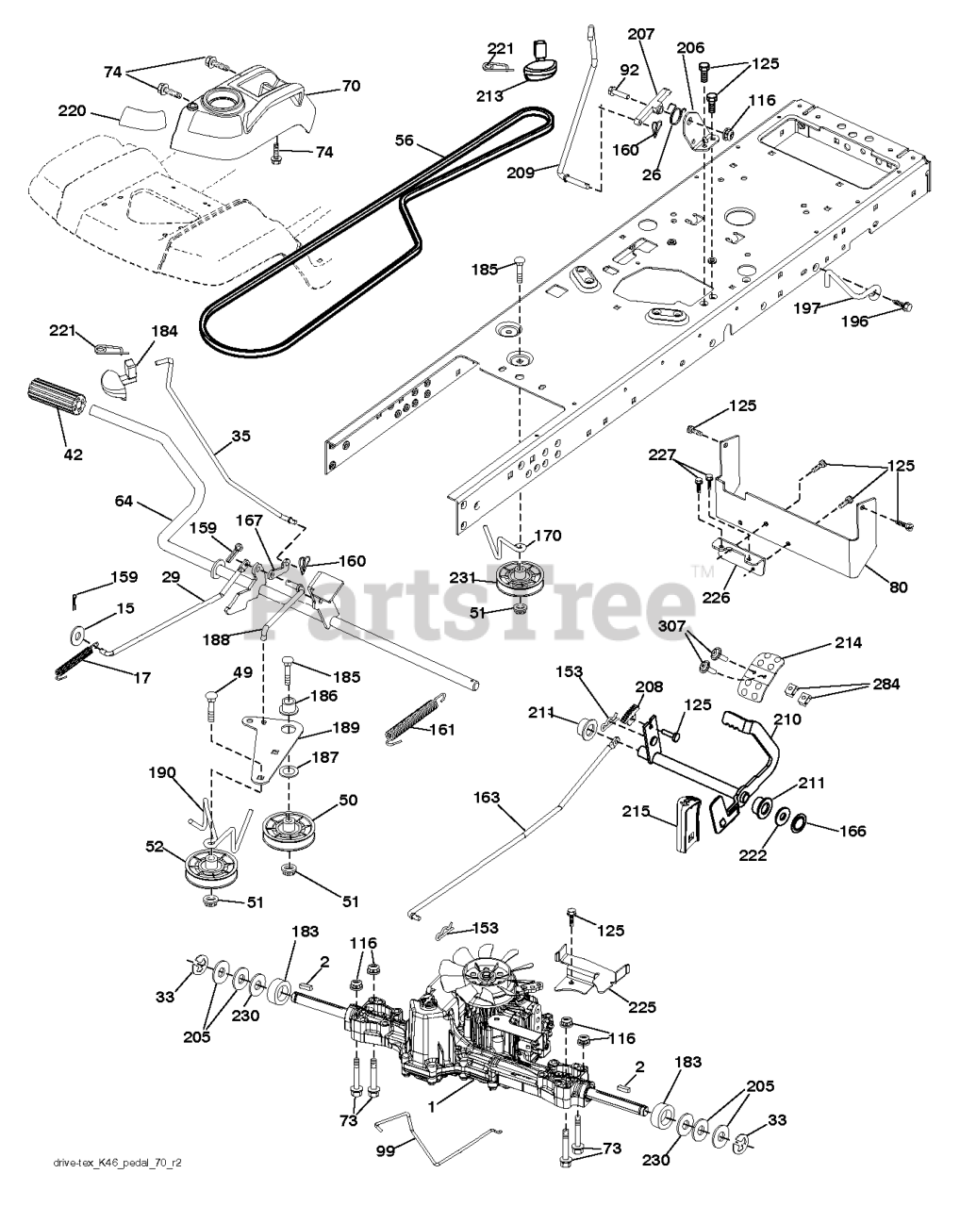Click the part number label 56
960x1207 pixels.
click(405, 139)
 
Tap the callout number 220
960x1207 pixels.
click(72, 111)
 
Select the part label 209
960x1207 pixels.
click(520, 172)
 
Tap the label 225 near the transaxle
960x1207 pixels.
click(641, 1008)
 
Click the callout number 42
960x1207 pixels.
click(73, 455)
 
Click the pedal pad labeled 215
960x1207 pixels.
click(687, 823)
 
